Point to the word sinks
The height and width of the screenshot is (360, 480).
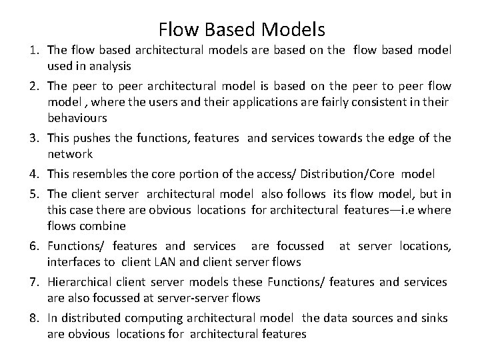click(433, 318)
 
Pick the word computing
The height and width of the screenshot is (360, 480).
click(148, 318)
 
